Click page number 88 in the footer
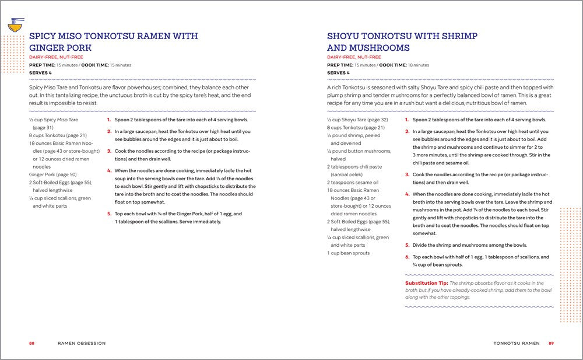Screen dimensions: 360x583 [x=32, y=343]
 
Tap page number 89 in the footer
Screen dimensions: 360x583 [x=551, y=343]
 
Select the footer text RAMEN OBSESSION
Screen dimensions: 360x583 [x=82, y=343]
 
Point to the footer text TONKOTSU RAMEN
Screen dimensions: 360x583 [x=516, y=343]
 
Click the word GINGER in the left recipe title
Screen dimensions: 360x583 [x=50, y=48]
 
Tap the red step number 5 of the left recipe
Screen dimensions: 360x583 [x=109, y=214]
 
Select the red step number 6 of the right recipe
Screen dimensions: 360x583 [x=407, y=257]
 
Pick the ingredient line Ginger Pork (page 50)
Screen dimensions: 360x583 [x=53, y=174]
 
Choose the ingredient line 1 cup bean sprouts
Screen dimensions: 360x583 [x=348, y=253]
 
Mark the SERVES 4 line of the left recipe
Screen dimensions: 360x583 [x=40, y=73]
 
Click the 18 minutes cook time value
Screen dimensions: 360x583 [x=419, y=65]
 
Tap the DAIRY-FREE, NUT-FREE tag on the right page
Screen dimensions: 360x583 [x=354, y=57]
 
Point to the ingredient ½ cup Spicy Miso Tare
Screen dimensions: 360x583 [x=54, y=120]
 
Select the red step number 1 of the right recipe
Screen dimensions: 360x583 [x=407, y=120]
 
